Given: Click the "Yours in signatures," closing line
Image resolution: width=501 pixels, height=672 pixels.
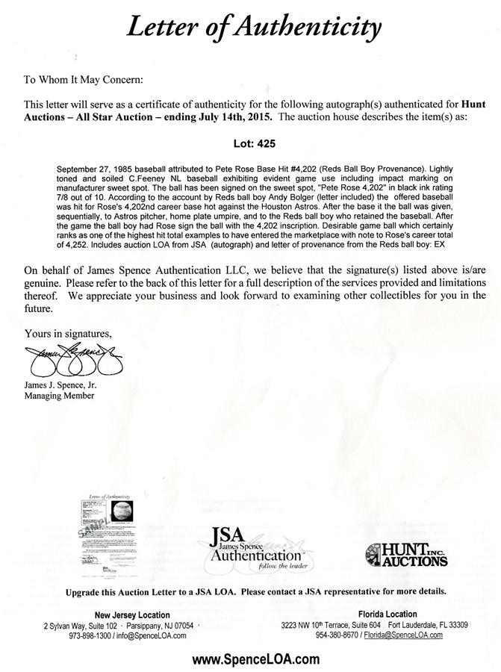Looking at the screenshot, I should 68,332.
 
